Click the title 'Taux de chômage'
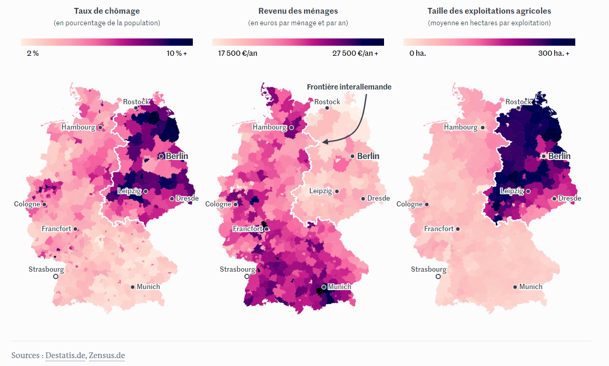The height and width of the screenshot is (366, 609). click(x=107, y=11)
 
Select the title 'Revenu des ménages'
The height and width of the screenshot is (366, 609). click(x=298, y=11)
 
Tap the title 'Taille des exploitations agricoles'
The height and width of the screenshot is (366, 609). click(x=489, y=11)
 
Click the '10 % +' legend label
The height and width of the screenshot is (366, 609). click(x=176, y=53)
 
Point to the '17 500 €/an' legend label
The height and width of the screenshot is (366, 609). click(x=238, y=53)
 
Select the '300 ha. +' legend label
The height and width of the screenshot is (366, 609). click(x=553, y=53)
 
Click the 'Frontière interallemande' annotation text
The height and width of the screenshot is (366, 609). click(x=349, y=86)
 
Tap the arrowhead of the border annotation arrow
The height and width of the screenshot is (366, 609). click(x=325, y=142)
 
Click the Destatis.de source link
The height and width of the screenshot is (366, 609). click(x=65, y=355)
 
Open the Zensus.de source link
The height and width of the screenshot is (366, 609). click(x=107, y=355)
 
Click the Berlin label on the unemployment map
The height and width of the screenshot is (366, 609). click(x=176, y=156)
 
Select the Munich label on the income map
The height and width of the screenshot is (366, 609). click(x=339, y=286)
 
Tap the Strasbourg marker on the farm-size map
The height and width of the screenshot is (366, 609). click(x=438, y=276)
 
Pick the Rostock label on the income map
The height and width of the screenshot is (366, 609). click(x=327, y=102)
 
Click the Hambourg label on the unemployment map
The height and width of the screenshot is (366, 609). click(x=78, y=127)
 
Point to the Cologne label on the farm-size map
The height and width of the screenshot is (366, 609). click(x=409, y=204)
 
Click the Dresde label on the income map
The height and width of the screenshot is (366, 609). click(x=378, y=198)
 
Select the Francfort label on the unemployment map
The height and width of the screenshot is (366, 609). click(x=57, y=229)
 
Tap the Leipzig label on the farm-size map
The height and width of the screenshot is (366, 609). click(x=512, y=191)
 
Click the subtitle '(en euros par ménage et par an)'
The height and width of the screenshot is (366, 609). click(x=298, y=23)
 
